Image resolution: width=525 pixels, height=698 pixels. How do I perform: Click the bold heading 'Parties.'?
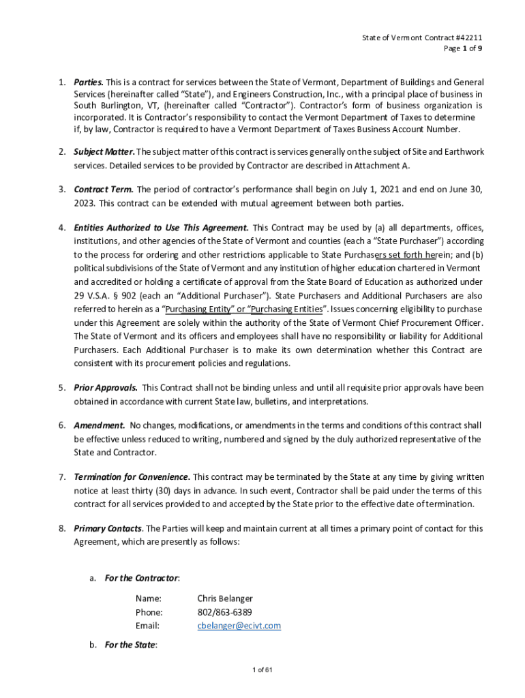pyautogui.click(x=89, y=82)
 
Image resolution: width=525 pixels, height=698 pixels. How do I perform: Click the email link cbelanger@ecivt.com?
pyautogui.click(x=239, y=626)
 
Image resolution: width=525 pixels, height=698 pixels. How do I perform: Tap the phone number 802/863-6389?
pyautogui.click(x=224, y=612)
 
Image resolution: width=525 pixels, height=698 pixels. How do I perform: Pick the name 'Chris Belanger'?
pyautogui.click(x=225, y=598)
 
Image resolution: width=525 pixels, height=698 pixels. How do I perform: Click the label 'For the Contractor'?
pyautogui.click(x=141, y=578)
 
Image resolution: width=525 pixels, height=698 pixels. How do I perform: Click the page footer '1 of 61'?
pyautogui.click(x=262, y=670)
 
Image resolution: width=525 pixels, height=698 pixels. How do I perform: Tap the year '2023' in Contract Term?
pyautogui.click(x=85, y=202)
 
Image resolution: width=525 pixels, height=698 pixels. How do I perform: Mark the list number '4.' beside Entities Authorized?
pyautogui.click(x=61, y=228)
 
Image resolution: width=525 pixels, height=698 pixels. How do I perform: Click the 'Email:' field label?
pyautogui.click(x=147, y=626)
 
